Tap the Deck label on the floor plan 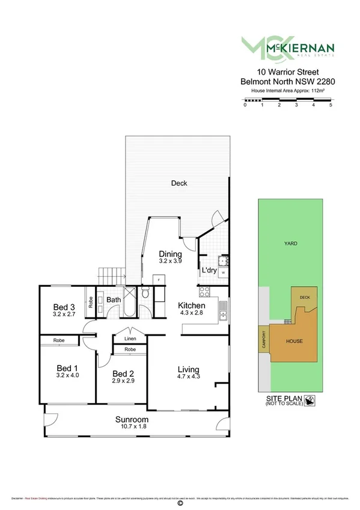coord(177,183)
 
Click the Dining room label coord(170,253)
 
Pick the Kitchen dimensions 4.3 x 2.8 coord(191,314)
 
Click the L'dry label coord(209,271)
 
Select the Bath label coord(114,300)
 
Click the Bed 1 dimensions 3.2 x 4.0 coord(67,375)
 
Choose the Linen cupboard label coord(130,339)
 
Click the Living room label coord(188,369)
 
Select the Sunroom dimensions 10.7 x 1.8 coord(134,426)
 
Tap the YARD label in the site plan coord(290,244)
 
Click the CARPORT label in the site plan coord(263,340)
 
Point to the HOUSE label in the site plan coord(294,341)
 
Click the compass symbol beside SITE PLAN coord(310,401)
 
